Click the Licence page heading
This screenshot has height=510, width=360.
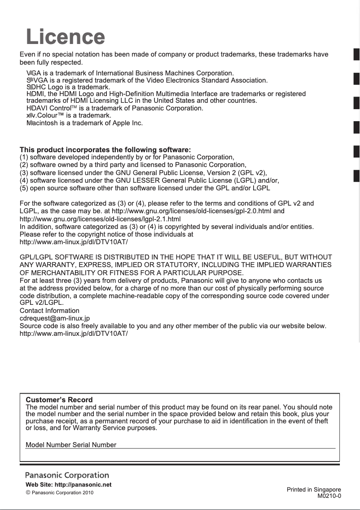[x=66, y=37]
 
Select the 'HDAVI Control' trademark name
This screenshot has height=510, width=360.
[x=48, y=108]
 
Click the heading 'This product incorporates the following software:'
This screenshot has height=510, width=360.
[x=105, y=149]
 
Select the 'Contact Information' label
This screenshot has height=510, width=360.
[x=49, y=311]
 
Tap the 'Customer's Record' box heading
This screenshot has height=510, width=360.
[x=59, y=400]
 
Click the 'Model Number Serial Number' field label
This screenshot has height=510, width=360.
[x=71, y=445]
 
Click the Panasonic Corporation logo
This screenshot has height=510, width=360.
[x=67, y=475]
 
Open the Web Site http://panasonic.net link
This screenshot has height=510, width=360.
[x=69, y=485]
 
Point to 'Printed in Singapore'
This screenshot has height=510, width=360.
[x=314, y=489]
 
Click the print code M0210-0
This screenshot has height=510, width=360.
[x=329, y=496]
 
